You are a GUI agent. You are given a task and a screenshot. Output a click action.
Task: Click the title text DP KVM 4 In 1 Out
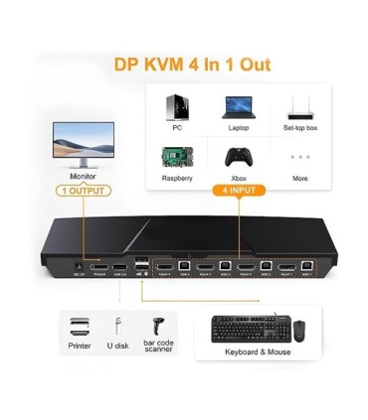click(x=184, y=66)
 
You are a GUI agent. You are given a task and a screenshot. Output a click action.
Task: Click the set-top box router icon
click(x=300, y=107)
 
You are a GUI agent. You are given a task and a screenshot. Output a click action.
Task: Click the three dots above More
click(x=299, y=157)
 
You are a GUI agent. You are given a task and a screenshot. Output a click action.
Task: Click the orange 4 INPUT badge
click(x=239, y=190)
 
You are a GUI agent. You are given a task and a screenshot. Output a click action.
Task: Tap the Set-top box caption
click(x=300, y=128)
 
